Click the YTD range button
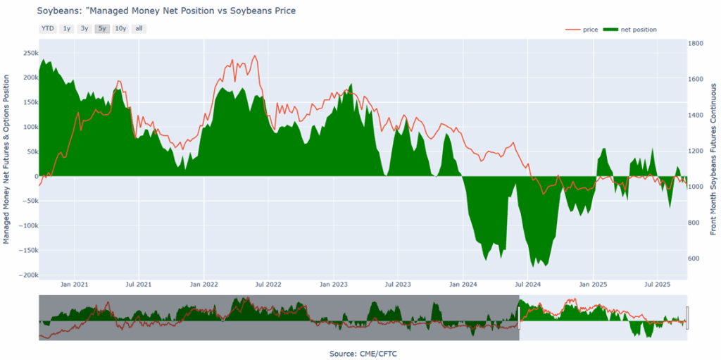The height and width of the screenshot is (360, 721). (48, 29)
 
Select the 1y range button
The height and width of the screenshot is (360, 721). (66, 29)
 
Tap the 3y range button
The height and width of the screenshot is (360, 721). (84, 29)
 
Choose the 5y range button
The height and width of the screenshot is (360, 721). (102, 29)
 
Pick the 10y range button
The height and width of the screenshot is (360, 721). (120, 29)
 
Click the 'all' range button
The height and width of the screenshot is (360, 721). (139, 29)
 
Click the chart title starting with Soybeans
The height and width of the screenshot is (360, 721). (166, 11)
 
